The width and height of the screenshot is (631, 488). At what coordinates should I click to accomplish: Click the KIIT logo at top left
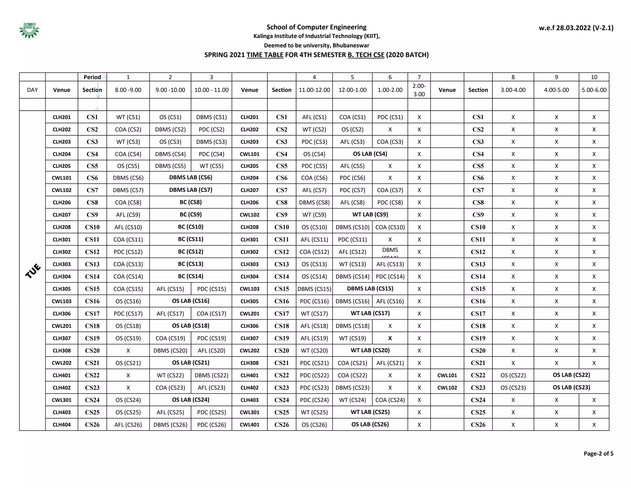click(x=29, y=30)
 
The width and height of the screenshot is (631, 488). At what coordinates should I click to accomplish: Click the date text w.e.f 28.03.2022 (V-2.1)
click(x=576, y=28)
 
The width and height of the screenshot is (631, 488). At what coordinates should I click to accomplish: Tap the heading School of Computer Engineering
click(x=316, y=27)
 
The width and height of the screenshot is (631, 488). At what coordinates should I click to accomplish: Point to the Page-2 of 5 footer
click(x=598, y=453)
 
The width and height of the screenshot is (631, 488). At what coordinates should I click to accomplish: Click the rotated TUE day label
click(x=33, y=271)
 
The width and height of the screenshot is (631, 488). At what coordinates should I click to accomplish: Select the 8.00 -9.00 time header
click(x=128, y=90)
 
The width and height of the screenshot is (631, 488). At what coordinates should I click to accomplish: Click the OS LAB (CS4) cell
click(x=370, y=154)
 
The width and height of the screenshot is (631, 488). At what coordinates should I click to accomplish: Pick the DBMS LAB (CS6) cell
click(x=191, y=177)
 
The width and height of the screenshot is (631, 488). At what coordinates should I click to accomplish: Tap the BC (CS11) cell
click(x=191, y=239)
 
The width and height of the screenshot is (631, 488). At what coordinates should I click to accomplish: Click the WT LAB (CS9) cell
click(x=370, y=214)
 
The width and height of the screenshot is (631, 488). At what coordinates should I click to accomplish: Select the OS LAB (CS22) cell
click(x=571, y=375)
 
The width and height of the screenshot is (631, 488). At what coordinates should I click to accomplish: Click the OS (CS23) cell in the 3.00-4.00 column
click(x=513, y=387)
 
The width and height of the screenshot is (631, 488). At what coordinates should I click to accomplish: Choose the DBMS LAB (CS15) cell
click(x=370, y=288)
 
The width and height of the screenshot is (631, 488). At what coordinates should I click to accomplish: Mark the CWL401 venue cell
click(x=250, y=424)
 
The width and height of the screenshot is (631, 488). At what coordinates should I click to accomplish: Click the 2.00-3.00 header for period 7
click(x=419, y=90)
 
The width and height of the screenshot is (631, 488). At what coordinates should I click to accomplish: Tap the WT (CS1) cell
click(x=128, y=117)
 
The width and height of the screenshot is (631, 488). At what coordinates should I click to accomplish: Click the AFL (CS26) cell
click(x=128, y=424)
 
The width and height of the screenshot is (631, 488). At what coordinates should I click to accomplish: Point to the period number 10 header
click(x=594, y=77)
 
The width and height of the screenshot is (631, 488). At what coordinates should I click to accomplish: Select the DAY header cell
click(x=32, y=90)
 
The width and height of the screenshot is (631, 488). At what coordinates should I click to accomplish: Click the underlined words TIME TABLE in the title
click(x=265, y=55)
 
